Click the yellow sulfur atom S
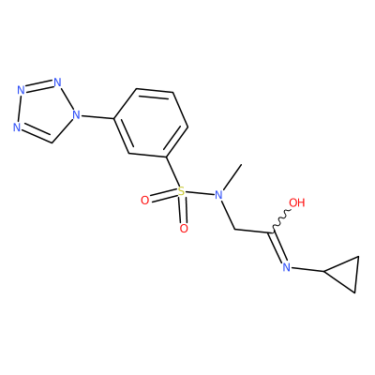point(181,190)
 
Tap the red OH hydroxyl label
point(296,202)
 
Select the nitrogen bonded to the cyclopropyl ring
point(287,267)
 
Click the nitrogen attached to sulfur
point(218,195)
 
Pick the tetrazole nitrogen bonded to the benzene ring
point(76,115)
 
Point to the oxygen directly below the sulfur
point(184,229)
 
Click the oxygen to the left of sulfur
point(144,201)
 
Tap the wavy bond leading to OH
point(282,220)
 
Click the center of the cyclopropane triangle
point(345,274)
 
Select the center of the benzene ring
point(151,123)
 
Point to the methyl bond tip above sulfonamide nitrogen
point(242,164)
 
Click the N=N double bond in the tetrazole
point(39,86)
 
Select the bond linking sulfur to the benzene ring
point(172,172)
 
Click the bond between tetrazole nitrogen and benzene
point(97,117)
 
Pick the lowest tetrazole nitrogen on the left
point(17,127)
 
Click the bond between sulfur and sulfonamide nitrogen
point(200,193)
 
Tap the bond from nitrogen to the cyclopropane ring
point(307,270)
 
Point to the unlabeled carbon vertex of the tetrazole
point(52,142)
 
